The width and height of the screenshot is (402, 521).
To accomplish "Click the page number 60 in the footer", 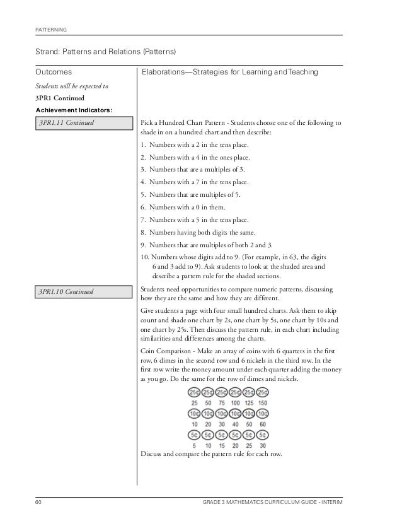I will tap(38, 501).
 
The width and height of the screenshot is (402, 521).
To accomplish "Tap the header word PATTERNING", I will tap(51, 30).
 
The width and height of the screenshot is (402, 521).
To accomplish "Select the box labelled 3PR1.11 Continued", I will tap(84, 122).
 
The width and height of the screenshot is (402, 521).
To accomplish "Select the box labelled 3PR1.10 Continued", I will tap(84, 291).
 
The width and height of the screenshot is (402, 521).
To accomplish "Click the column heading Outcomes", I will tap(54, 73).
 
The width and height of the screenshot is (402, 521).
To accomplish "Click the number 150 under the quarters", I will tap(262, 402).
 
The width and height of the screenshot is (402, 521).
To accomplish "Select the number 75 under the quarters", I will tap(217, 402).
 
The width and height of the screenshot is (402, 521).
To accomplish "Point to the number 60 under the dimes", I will tap(262, 424).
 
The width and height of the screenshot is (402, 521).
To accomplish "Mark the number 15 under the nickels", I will tap(217, 445).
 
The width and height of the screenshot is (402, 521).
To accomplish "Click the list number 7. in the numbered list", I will tap(143, 220).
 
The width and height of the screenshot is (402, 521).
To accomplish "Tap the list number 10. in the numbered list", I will tap(145, 257).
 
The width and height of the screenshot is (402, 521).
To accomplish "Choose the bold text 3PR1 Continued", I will tap(61, 98).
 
